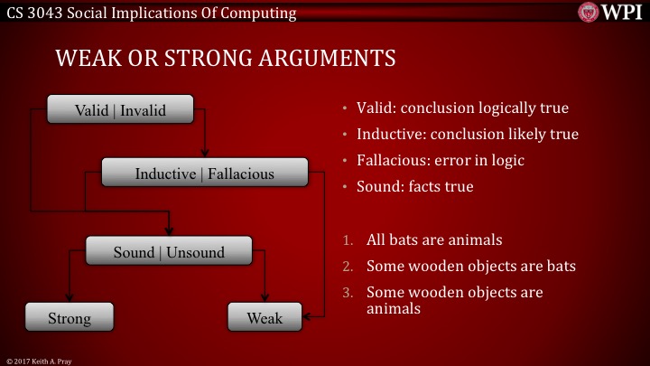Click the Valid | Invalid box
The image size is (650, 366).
[x=120, y=110]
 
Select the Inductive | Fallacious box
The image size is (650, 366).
[x=204, y=172]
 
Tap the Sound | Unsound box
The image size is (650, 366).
[x=168, y=251]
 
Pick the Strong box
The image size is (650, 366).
[x=70, y=317]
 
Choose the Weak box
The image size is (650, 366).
[x=265, y=317]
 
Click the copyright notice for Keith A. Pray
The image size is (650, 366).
[x=41, y=360]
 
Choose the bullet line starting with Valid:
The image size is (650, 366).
[x=462, y=108]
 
